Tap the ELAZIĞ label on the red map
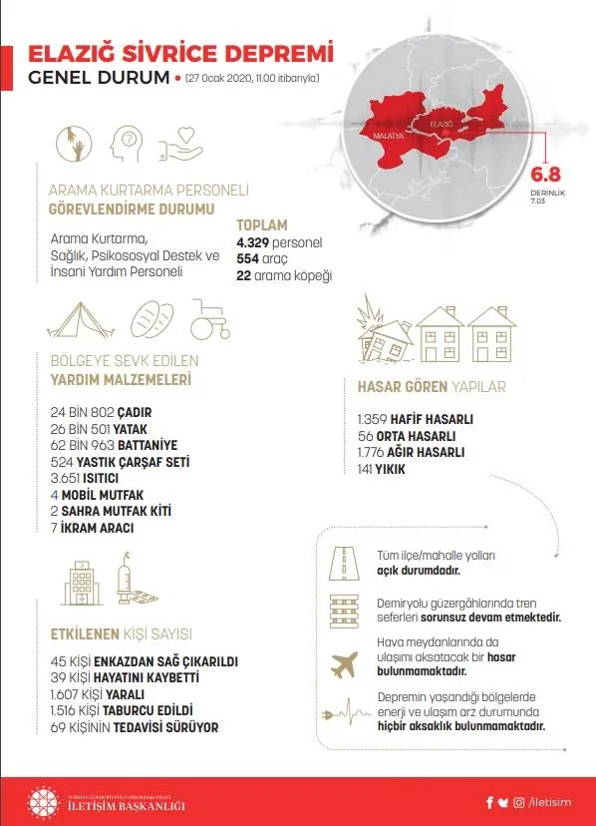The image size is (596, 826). click(x=442, y=124)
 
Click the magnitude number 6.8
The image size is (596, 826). click(x=546, y=171)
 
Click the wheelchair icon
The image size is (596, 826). click(x=210, y=320)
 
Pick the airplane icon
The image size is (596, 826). click(x=343, y=663)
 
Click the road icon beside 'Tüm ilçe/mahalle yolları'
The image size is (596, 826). click(x=343, y=565)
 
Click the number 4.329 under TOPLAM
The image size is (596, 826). click(x=253, y=242)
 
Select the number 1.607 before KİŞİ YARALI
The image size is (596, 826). click(x=67, y=693)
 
